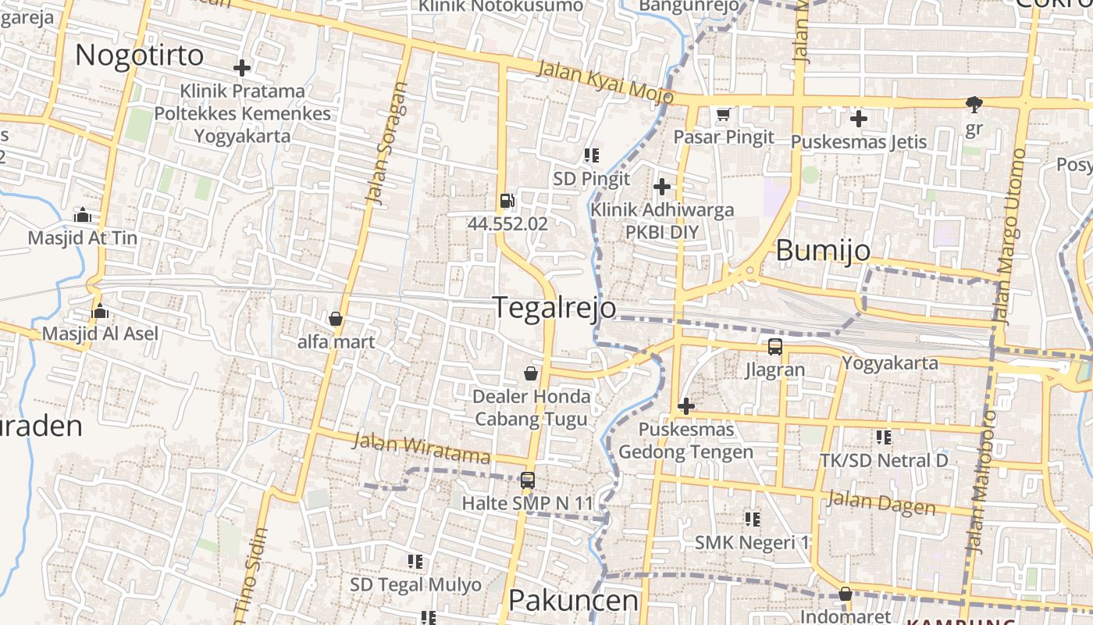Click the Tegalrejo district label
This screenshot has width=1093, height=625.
point(554,308)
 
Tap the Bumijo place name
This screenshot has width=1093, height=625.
point(823,251)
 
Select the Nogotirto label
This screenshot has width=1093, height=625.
point(139,55)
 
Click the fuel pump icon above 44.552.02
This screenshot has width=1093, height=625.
point(507,201)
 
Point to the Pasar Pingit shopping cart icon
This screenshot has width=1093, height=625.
point(724,114)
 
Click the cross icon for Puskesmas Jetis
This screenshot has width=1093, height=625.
point(859,119)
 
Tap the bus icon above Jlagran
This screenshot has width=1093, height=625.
point(774,347)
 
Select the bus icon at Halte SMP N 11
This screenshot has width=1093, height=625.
point(528,480)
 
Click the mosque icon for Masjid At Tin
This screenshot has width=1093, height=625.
point(81,215)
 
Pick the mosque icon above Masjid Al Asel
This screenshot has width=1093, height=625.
point(99,312)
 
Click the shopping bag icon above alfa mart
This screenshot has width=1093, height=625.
point(336,319)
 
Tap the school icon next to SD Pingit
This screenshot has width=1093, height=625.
point(591,155)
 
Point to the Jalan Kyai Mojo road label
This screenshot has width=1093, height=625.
point(605,80)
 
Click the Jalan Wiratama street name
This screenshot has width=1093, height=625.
point(421,447)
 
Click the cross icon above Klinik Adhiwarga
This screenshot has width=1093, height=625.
point(662,187)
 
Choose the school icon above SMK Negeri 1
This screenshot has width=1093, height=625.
point(752,519)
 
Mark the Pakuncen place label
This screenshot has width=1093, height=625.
point(573,601)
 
